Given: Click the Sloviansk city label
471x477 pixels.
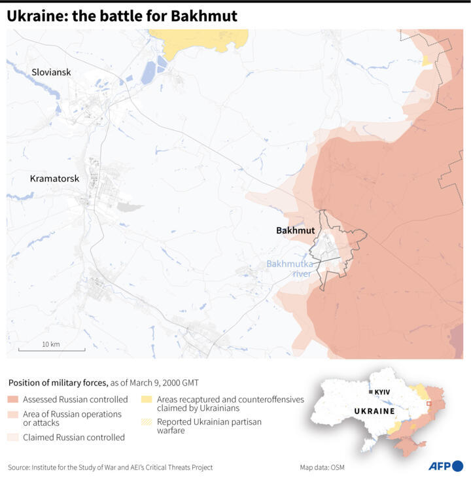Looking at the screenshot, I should pyautogui.click(x=51, y=73).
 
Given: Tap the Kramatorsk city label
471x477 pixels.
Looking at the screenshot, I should pyautogui.click(x=55, y=178).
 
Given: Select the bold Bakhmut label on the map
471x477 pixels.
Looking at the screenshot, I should pyautogui.click(x=295, y=230).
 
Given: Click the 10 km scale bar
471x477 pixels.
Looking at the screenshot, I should pyautogui.click(x=51, y=350).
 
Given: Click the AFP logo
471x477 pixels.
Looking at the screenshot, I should pyautogui.click(x=445, y=466).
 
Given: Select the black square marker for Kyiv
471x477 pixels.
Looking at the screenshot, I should pyautogui.click(x=371, y=391).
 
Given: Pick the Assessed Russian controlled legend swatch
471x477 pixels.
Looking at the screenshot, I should pyautogui.click(x=13, y=399).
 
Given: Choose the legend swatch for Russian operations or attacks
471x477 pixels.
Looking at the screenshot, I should pyautogui.click(x=13, y=414).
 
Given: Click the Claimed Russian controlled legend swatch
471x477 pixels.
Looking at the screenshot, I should pyautogui.click(x=13, y=437).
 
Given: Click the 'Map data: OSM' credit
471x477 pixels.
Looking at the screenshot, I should pyautogui.click(x=322, y=467).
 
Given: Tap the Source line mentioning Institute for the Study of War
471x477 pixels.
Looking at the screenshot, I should pyautogui.click(x=110, y=467).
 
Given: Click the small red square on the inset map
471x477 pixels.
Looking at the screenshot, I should pyautogui.click(x=428, y=404).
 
